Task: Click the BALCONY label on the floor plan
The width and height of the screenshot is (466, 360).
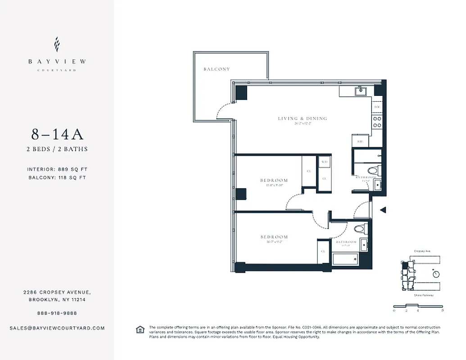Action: point(217,69)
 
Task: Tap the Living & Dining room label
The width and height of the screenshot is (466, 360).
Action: point(302,119)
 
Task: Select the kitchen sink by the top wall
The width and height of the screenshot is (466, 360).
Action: point(361,91)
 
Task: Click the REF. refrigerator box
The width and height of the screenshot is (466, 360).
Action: point(360,141)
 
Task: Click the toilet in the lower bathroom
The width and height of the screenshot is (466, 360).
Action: point(360,229)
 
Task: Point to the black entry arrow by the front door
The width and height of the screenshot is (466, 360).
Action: point(383,210)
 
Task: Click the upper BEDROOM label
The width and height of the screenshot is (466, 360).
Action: point(274,180)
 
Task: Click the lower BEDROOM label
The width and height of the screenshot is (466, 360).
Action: point(274,237)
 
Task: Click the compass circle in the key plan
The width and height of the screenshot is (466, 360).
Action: point(435,274)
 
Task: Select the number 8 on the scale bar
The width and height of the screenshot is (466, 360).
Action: point(443,311)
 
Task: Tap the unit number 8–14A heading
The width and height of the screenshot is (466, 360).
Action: point(57,134)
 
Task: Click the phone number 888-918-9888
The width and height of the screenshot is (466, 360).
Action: point(57,313)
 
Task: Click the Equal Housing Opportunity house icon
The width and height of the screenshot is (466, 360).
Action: point(140,330)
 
